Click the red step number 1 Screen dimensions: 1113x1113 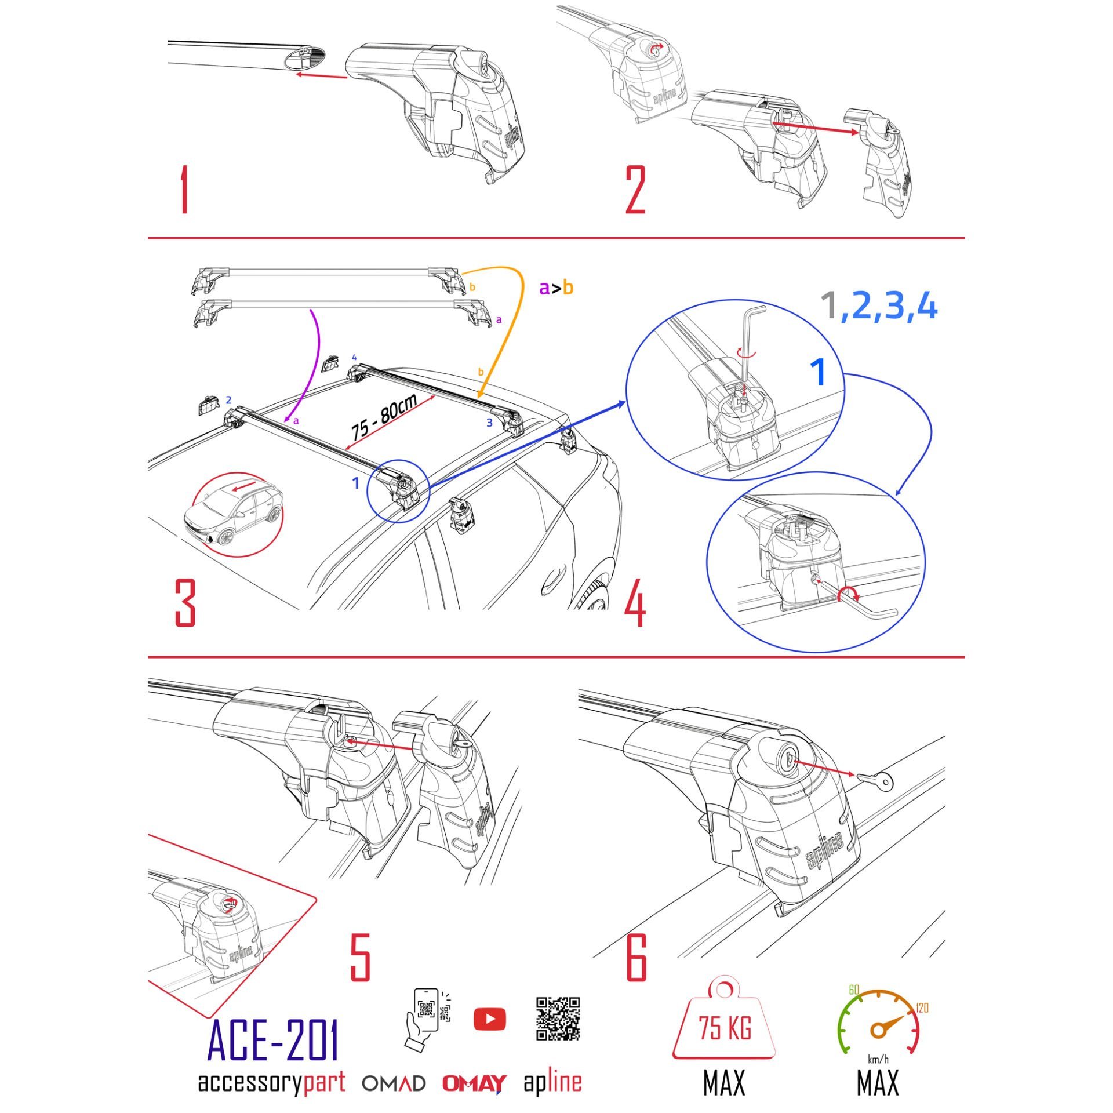click(x=184, y=189)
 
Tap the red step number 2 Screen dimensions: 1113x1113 click(x=635, y=190)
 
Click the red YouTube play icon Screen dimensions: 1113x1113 click(x=489, y=1019)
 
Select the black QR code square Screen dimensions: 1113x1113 click(x=558, y=1019)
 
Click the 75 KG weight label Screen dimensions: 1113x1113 click(x=725, y=1029)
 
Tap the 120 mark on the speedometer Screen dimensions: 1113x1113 click(x=922, y=1007)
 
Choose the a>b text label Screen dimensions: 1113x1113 click(x=556, y=288)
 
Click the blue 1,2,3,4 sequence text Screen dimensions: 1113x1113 click(x=879, y=306)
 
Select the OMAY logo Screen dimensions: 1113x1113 click(x=474, y=1083)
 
